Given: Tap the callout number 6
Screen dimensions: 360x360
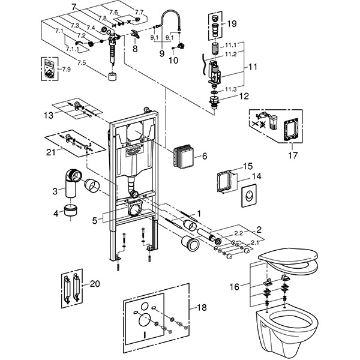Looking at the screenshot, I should (x=205, y=156).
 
